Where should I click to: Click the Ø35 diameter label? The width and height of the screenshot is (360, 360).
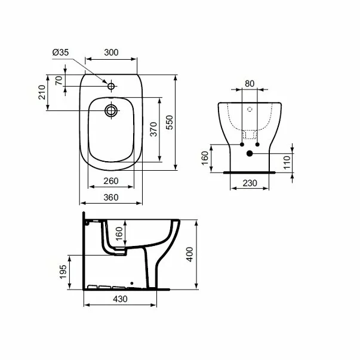(61, 53)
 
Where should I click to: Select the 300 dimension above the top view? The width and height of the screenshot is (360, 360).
(112, 53)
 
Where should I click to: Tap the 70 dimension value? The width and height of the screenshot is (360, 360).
(59, 81)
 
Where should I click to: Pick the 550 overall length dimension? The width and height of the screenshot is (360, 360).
(170, 122)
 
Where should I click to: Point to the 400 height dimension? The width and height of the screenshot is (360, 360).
(190, 256)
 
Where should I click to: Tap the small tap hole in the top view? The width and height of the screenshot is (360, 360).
(111, 87)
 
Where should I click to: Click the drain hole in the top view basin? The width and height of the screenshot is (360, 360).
(111, 110)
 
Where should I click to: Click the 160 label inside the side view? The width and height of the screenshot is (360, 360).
(118, 233)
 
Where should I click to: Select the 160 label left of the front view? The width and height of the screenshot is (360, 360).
(205, 158)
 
